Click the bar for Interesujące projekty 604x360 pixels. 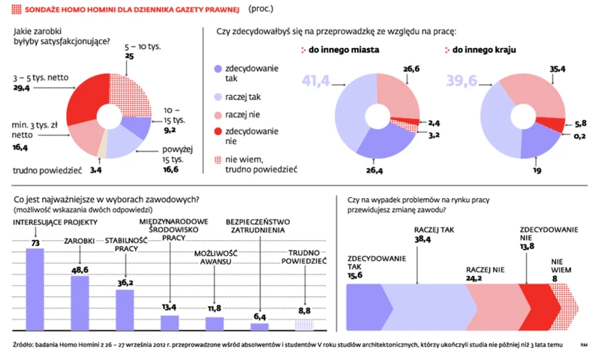[x=35, y=289]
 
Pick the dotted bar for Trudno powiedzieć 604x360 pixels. [x=304, y=325]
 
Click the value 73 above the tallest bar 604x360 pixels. [x=35, y=242]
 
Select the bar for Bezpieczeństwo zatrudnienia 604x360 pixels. [x=260, y=327]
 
